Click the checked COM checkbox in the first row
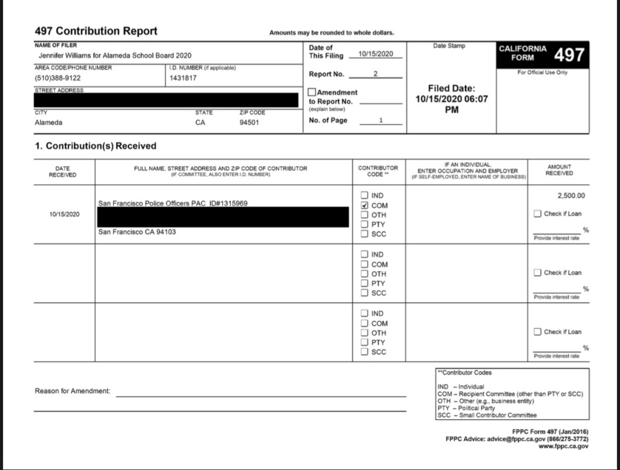(364, 205)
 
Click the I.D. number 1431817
(183, 78)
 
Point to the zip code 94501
(249, 122)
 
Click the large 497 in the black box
(569, 55)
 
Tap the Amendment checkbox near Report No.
(312, 93)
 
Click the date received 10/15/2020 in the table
(62, 214)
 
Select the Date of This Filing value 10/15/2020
(376, 55)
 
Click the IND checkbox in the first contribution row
(364, 196)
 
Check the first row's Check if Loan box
(538, 214)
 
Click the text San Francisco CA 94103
(137, 232)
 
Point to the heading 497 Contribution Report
(96, 31)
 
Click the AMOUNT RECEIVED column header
(559, 170)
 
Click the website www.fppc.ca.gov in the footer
(563, 446)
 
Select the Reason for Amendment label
(73, 391)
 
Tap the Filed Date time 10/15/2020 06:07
(451, 99)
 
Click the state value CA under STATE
(201, 122)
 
